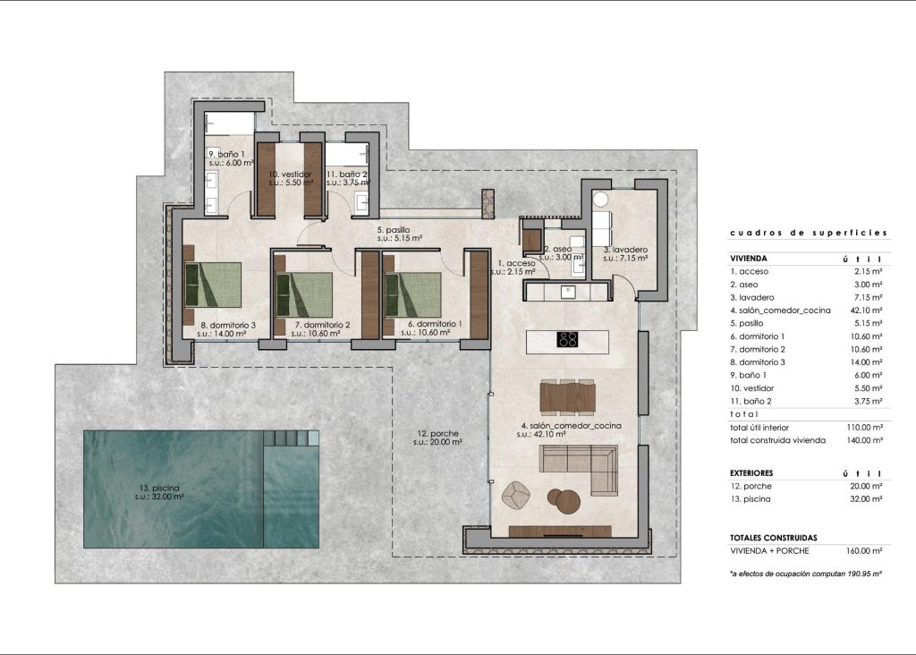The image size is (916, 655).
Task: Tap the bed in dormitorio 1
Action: coord(414,295)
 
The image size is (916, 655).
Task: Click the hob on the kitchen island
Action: coord(568,339)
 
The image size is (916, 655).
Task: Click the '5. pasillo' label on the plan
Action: coord(393,230)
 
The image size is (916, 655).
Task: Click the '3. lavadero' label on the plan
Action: coord(625,250)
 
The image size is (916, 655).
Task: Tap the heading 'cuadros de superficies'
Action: coord(808,233)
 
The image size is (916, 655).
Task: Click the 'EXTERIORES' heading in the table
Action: coord(751,472)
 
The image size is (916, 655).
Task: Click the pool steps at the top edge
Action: coord(291,438)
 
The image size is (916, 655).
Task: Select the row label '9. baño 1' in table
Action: coord(750,375)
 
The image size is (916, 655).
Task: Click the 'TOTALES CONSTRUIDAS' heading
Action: coord(773,538)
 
